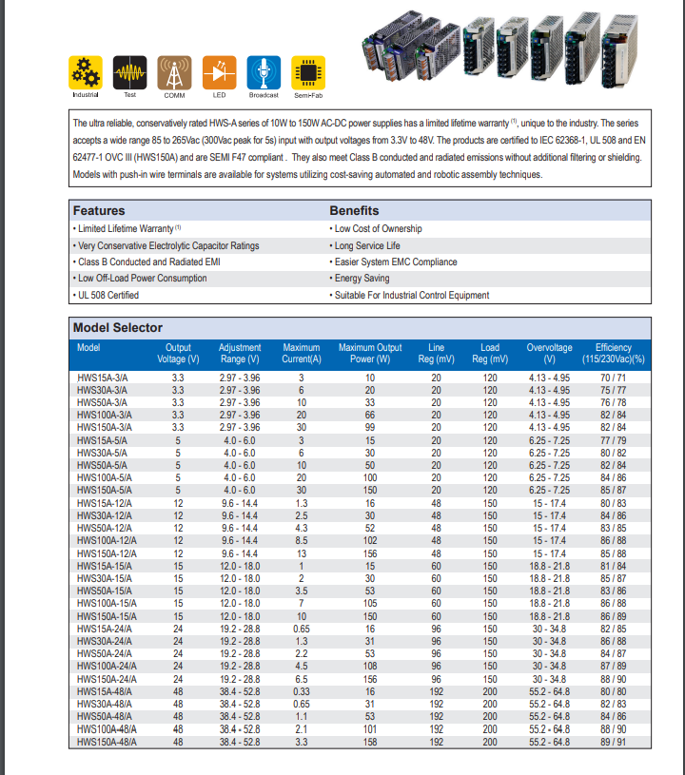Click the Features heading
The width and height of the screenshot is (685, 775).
pos(99,210)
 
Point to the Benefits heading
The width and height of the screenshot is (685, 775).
pos(354,210)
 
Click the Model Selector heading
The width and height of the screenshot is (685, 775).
pos(118,328)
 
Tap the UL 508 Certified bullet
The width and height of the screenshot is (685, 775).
pos(108,296)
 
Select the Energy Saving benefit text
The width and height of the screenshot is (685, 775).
pos(362,279)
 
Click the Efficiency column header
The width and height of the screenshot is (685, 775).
pos(613,354)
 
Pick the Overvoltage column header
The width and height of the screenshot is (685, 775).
pos(549,354)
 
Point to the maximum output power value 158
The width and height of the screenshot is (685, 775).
pos(370,741)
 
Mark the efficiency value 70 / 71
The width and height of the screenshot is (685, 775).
pos(612,378)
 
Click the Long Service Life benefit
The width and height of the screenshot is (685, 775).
pos(367,245)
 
